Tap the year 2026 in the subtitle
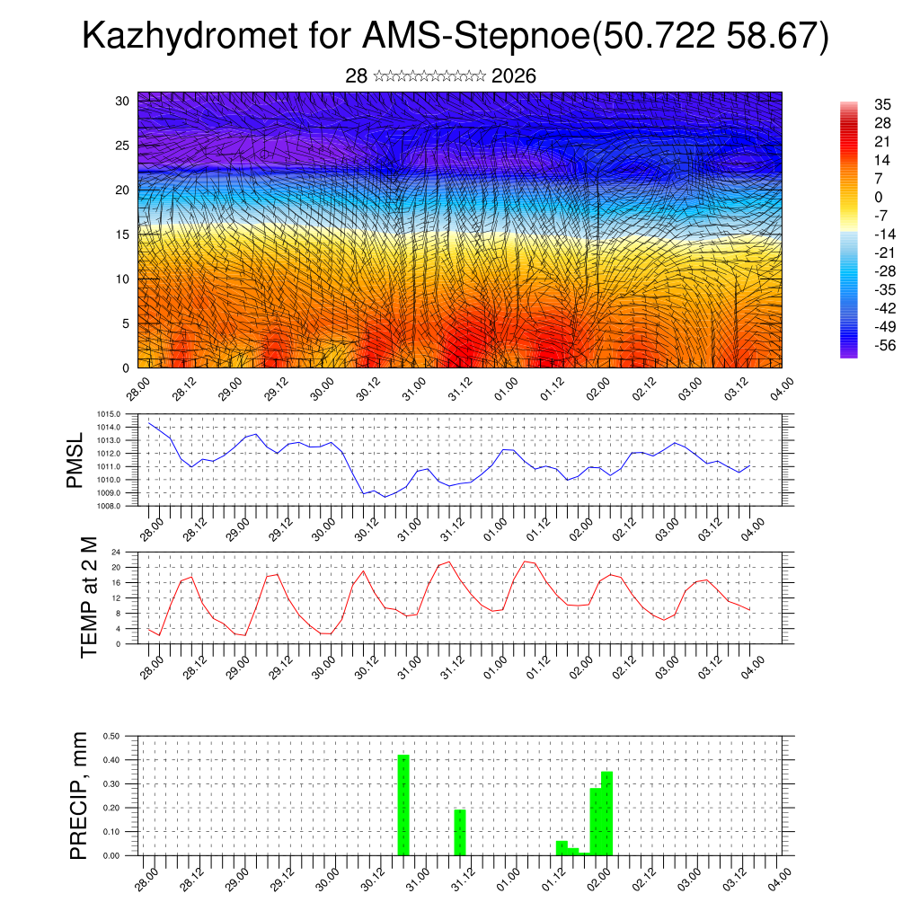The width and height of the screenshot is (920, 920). pyautogui.click(x=514, y=76)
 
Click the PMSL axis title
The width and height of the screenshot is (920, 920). pyautogui.click(x=75, y=460)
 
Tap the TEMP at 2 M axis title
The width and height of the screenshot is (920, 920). pyautogui.click(x=89, y=597)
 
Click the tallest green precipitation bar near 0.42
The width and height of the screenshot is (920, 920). pyautogui.click(x=403, y=804)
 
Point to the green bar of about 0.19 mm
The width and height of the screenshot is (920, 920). pyautogui.click(x=459, y=832)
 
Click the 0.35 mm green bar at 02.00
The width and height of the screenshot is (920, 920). pyautogui.click(x=606, y=813)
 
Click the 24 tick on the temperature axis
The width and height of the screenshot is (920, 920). pyautogui.click(x=116, y=552)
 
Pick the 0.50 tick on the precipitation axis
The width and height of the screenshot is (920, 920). pyautogui.click(x=111, y=736)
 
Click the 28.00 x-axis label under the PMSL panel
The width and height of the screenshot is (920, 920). pyautogui.click(x=151, y=527)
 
